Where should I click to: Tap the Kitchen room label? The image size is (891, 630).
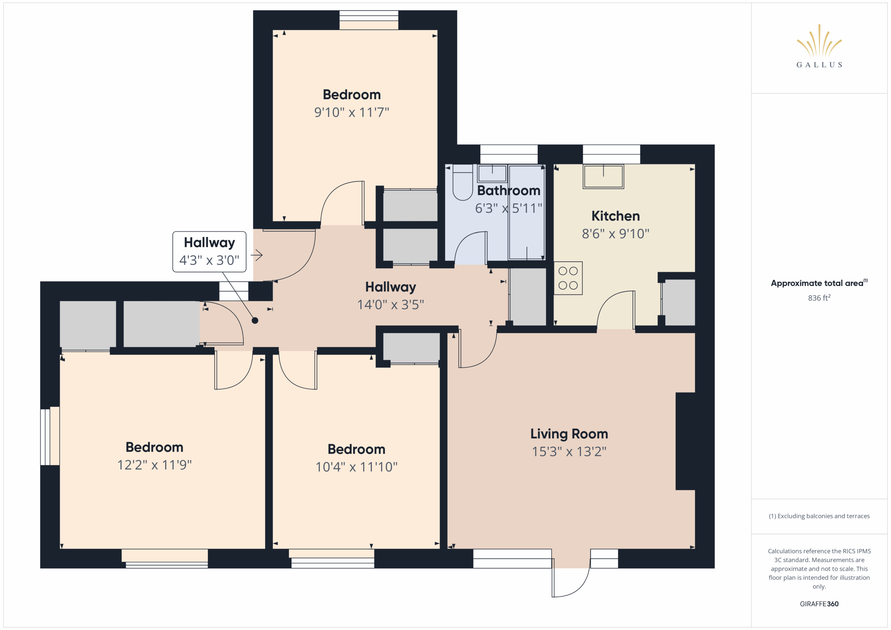615,216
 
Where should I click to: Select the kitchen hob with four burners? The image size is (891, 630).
568,278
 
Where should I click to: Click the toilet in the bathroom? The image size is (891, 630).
463,182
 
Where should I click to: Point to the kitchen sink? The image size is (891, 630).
604,176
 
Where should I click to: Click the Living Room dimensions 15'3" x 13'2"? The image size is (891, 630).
569,451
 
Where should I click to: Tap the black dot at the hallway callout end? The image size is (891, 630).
255,320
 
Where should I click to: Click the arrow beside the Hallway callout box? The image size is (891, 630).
257,255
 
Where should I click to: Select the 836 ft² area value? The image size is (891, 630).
819,297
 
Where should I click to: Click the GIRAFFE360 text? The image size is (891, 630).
819,604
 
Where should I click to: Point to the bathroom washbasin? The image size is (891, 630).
492,173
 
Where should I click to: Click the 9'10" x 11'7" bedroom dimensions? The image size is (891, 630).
352,112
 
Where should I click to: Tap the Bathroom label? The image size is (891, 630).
508,191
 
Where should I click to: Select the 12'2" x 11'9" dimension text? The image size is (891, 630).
155,465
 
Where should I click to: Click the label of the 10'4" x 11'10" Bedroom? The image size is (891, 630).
356,449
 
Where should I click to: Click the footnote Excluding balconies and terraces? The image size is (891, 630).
819,516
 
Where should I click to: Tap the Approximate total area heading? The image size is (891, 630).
819,283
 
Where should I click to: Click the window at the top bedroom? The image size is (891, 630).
369,20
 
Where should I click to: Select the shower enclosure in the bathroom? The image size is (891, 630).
527,212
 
